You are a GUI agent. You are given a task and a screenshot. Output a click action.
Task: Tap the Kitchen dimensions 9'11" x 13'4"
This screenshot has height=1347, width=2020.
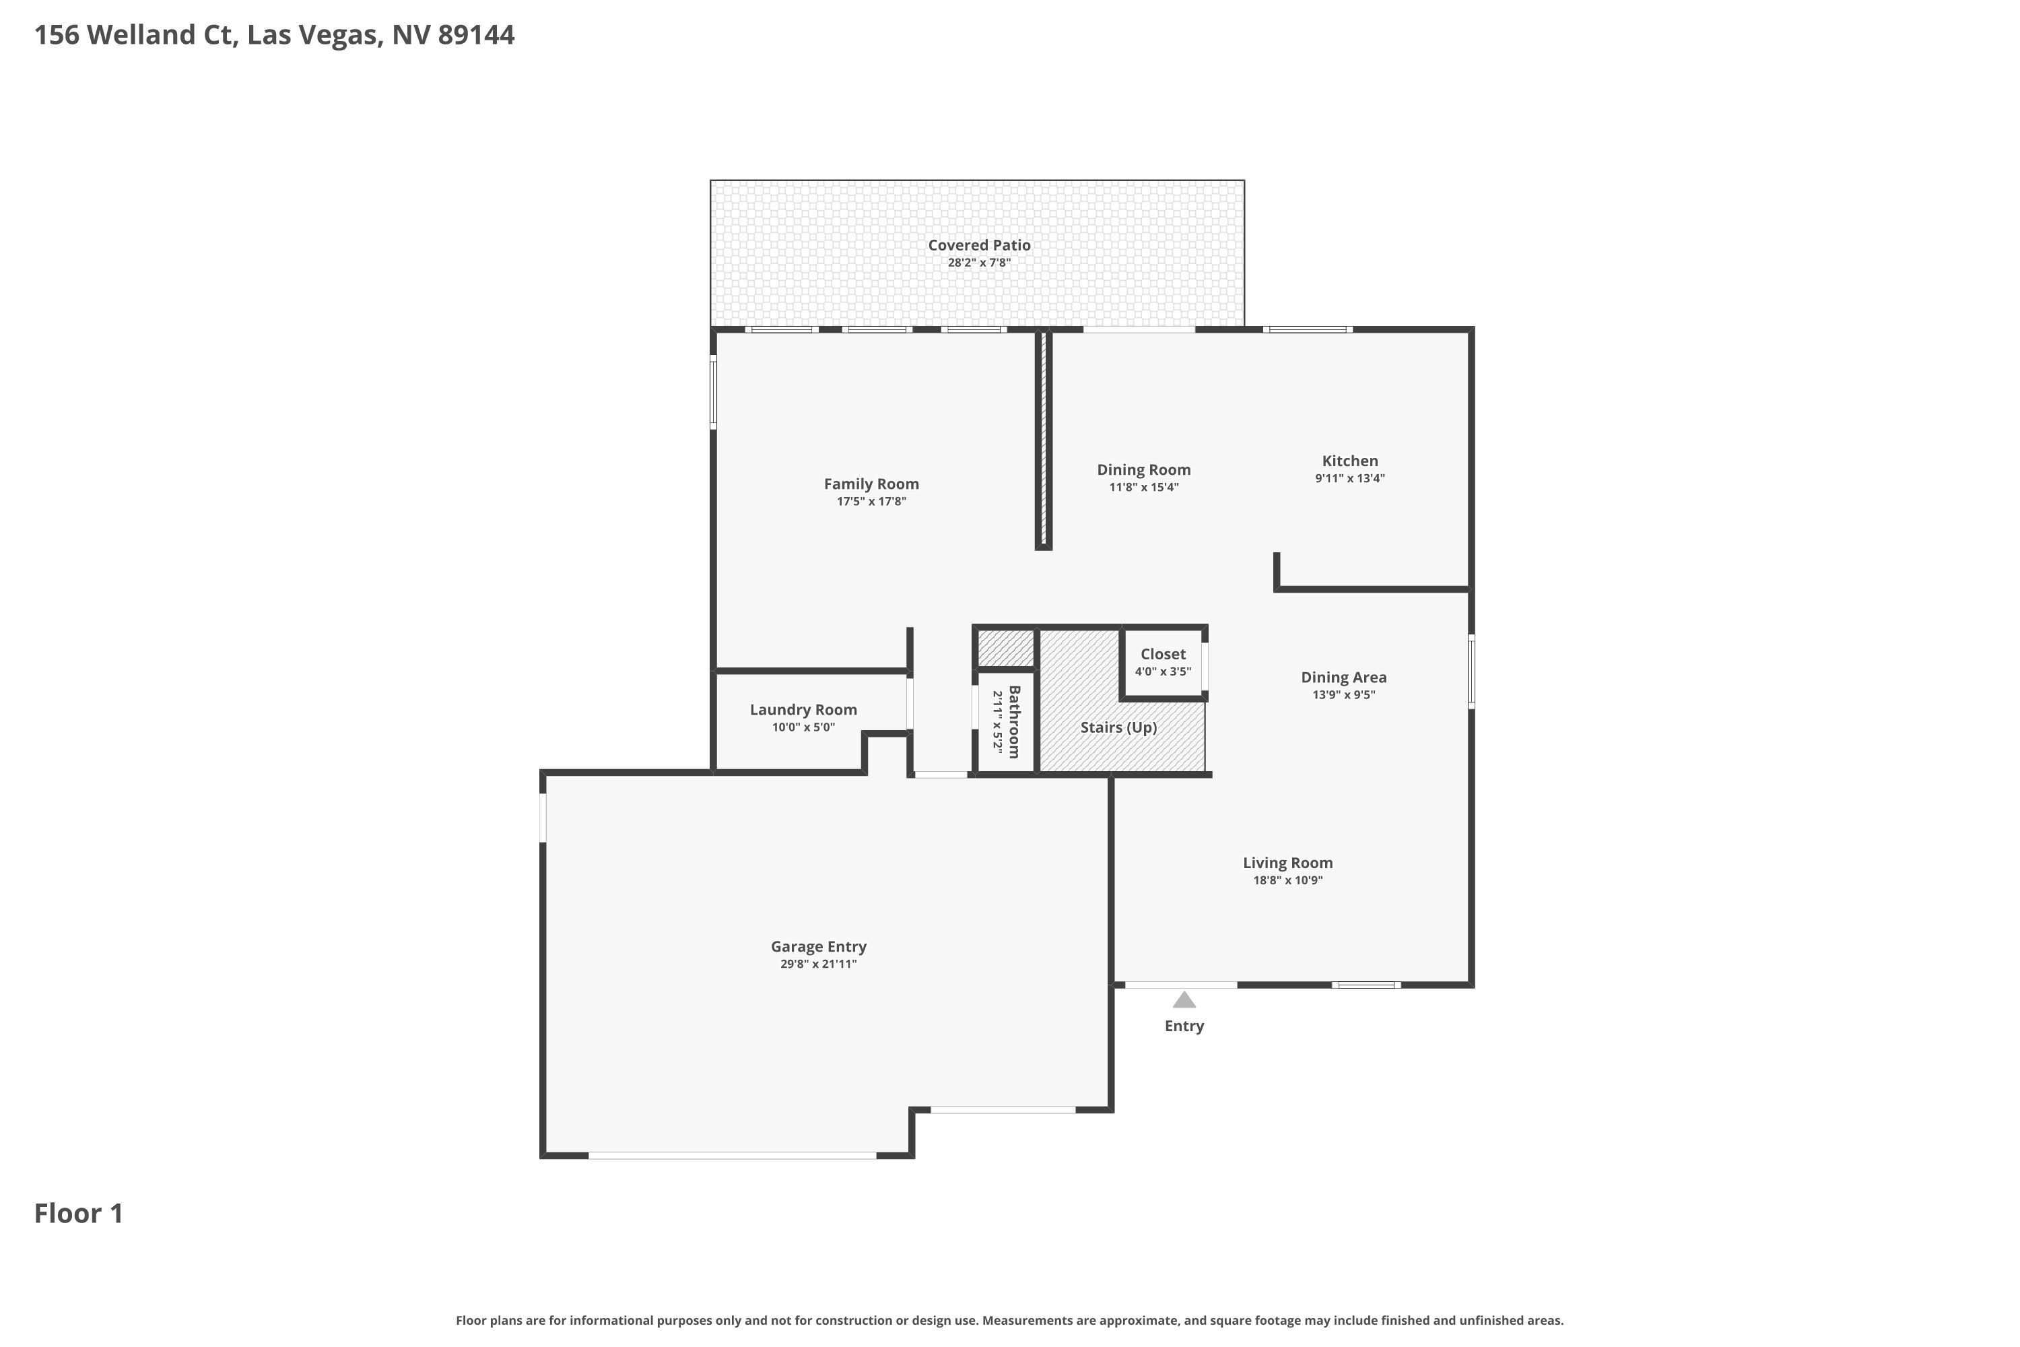click(x=1349, y=478)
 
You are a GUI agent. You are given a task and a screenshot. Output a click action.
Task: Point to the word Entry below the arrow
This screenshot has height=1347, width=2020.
click(x=1184, y=1026)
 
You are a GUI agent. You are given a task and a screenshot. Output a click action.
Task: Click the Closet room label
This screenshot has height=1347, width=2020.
click(x=1163, y=655)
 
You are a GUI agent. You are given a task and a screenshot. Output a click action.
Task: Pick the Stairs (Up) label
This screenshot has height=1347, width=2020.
click(x=1118, y=727)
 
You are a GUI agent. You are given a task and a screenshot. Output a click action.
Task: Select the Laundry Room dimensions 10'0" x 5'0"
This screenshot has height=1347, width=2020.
click(x=803, y=727)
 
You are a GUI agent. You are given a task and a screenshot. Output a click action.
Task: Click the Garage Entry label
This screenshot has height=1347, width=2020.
click(x=819, y=947)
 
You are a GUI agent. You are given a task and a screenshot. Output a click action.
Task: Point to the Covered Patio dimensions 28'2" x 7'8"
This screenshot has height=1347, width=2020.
click(x=979, y=263)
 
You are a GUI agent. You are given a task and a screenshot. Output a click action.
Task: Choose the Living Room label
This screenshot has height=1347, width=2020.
click(x=1287, y=863)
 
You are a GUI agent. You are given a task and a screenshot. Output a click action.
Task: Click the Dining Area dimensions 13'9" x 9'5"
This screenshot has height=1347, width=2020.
click(x=1343, y=695)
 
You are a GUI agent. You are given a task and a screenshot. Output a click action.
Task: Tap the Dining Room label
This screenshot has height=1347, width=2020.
click(x=1143, y=470)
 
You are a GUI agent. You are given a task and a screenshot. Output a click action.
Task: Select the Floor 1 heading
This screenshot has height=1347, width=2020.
click(x=79, y=1214)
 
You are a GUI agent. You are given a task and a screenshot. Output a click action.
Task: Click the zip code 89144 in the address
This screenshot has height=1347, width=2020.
click(x=477, y=35)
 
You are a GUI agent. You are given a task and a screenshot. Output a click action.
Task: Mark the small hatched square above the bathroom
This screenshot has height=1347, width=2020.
click(x=1006, y=649)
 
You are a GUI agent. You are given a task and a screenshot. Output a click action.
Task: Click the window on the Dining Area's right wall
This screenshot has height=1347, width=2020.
click(x=1471, y=671)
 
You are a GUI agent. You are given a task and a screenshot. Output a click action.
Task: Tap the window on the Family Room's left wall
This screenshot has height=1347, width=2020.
click(x=713, y=393)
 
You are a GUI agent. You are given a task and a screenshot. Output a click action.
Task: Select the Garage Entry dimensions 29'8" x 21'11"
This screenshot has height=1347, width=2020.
click(x=819, y=964)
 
